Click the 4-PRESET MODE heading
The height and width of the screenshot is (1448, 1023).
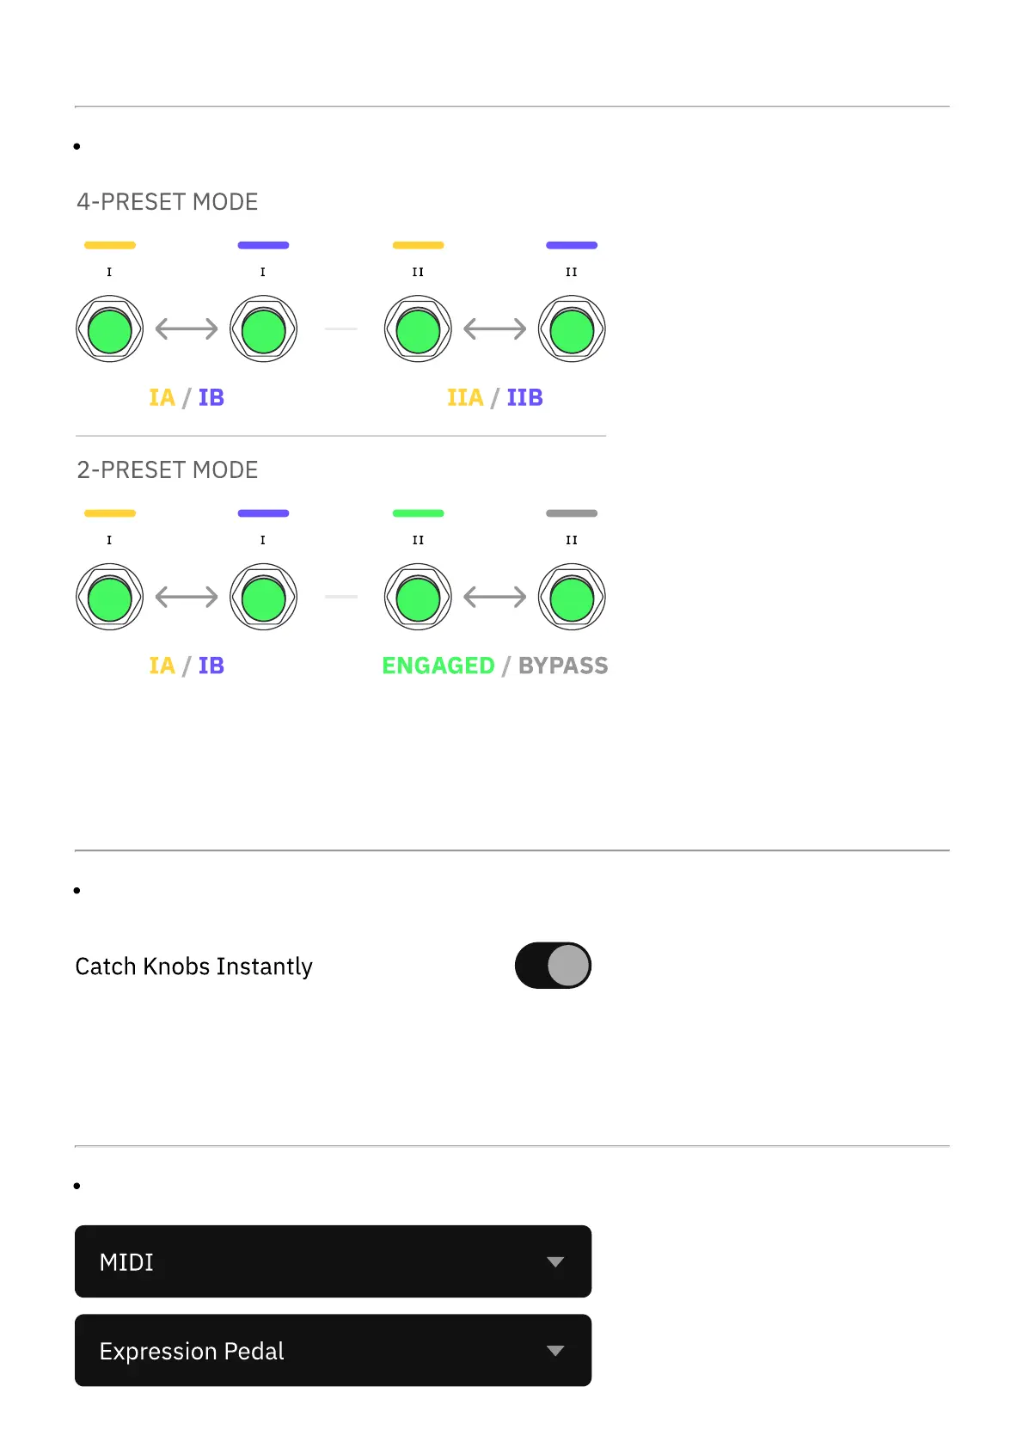coord(168,202)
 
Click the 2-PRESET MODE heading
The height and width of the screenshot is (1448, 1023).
coord(168,470)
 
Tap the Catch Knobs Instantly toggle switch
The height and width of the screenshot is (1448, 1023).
coord(553,966)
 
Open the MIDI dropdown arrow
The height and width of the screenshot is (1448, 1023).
coord(555,1262)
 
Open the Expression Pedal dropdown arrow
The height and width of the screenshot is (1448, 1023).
coord(555,1351)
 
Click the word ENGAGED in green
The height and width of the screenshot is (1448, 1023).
coord(438,666)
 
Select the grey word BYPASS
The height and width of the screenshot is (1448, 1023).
coord(563,666)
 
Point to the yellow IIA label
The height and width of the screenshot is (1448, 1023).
coord(465,397)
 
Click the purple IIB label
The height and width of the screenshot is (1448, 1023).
coord(524,397)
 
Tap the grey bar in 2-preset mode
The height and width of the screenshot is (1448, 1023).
coord(572,513)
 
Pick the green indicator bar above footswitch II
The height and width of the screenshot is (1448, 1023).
coord(418,513)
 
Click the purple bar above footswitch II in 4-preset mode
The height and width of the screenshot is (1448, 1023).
coord(572,245)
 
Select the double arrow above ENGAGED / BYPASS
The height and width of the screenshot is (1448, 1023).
coord(495,597)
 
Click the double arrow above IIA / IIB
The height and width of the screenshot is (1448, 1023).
coord(495,328)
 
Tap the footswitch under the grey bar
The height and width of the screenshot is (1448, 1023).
coord(572,598)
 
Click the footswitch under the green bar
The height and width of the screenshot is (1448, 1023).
coord(418,598)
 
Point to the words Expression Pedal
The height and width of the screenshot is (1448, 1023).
coord(192,1351)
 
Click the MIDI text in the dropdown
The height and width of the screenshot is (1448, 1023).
coord(126,1262)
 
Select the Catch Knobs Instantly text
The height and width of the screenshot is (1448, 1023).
coord(194,966)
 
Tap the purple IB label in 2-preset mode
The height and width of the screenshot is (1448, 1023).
coord(211,666)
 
